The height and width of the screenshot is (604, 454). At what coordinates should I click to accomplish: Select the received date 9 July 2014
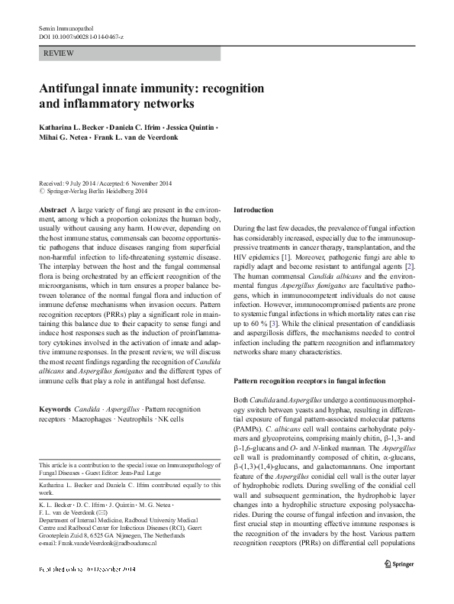pyautogui.click(x=83, y=182)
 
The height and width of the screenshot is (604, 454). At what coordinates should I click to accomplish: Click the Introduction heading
pyautogui.click(x=253, y=209)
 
